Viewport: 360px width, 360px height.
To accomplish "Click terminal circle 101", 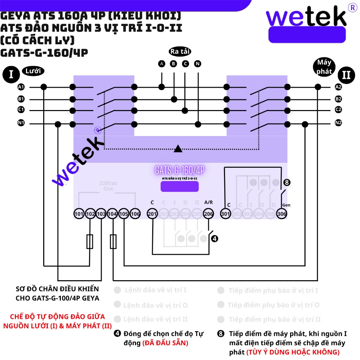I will click(79, 214).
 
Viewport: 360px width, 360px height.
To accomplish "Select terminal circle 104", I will click(112, 214).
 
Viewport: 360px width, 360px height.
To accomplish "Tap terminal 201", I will click(152, 214).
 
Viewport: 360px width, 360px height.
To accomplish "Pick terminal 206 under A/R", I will click(208, 214).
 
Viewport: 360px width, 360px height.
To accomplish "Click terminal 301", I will click(225, 214).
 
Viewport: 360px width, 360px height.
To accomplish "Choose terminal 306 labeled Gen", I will click(282, 214).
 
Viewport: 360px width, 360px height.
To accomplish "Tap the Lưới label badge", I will click(33, 71).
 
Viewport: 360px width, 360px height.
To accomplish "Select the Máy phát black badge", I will click(324, 67).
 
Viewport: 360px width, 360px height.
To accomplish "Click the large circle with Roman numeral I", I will click(11, 75).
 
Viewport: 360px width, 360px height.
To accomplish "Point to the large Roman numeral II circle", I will click(346, 75).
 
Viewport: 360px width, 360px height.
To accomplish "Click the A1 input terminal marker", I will click(21, 87).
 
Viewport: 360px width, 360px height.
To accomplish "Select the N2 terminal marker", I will click(338, 123).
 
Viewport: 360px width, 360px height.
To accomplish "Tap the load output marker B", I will click(173, 64).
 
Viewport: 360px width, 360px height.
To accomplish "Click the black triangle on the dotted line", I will click(178, 149).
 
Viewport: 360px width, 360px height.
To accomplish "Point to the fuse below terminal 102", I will click(90, 242).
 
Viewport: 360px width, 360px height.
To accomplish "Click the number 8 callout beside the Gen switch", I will click(287, 182).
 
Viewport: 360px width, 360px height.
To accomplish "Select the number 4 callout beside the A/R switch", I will click(214, 239).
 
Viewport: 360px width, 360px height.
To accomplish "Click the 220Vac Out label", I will click(108, 186).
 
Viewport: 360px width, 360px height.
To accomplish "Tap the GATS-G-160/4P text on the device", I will click(180, 171).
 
